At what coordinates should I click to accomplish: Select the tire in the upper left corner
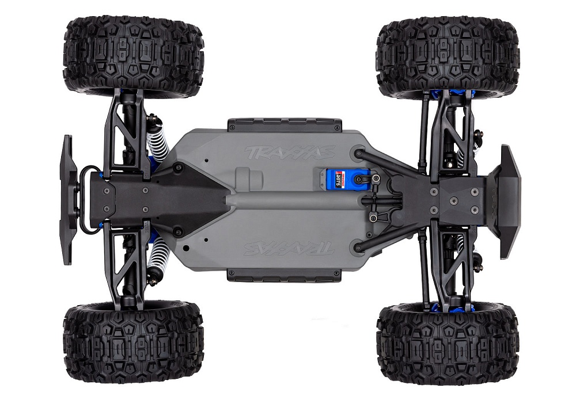(134, 56)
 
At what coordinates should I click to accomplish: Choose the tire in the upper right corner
(448, 56)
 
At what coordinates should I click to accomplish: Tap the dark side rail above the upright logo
(284, 125)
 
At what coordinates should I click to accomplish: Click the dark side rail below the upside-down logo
(284, 275)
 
